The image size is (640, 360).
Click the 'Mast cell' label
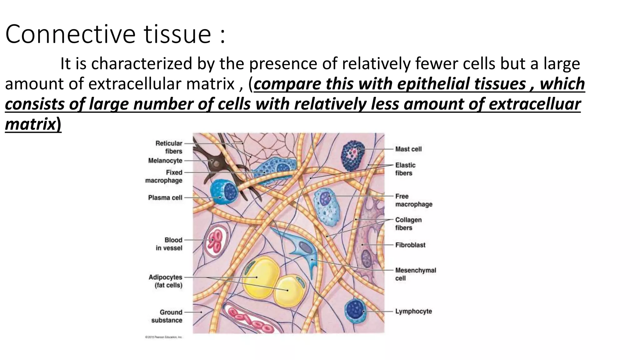pos(408,149)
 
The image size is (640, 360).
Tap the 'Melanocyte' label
pos(165,161)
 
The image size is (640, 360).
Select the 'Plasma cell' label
pos(165,197)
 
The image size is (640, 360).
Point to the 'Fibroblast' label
pos(410,245)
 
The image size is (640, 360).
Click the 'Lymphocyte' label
pos(413,311)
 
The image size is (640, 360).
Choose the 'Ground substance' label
pos(167,316)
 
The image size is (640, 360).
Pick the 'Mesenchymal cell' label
pos(415,274)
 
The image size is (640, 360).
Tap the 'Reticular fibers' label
pos(169,147)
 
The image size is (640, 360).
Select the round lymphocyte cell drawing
pos(355,310)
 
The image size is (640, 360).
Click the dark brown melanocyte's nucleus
pos(216,162)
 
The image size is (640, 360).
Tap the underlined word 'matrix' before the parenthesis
pos(30,124)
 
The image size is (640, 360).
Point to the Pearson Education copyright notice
pos(163,337)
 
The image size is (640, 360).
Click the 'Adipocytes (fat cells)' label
pos(166,281)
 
